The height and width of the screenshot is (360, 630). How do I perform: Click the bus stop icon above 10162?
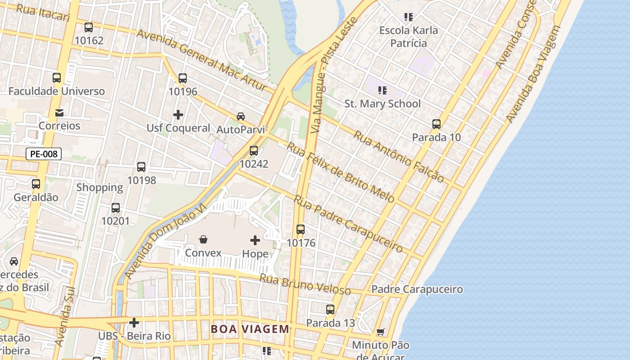tap(89, 27)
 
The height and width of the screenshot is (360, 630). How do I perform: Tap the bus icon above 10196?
tap(183, 78)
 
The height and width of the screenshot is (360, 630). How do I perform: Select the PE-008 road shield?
tap(44, 154)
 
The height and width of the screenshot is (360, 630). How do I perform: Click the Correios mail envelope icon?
tap(59, 113)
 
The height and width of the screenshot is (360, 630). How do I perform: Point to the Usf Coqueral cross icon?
tap(178, 115)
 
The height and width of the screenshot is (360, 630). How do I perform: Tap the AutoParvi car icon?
tap(241, 117)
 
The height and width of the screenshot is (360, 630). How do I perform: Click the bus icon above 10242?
tap(254, 151)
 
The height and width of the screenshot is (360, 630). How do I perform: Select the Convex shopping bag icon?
tap(203, 239)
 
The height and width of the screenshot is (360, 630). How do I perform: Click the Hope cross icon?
tap(255, 240)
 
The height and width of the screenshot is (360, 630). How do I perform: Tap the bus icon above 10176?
tap(301, 229)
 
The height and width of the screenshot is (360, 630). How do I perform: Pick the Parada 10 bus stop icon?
tap(436, 124)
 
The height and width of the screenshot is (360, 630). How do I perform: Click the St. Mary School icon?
tap(382, 90)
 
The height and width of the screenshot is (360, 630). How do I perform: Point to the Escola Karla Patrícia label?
tap(408, 37)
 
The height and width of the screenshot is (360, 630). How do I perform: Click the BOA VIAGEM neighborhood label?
tap(250, 329)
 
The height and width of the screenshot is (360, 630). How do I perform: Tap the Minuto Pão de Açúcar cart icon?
tap(381, 332)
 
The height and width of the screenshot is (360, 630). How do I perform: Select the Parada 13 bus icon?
tap(330, 310)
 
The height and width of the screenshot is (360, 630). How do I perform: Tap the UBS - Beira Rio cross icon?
tap(134, 323)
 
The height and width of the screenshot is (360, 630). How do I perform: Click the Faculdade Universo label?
tap(57, 91)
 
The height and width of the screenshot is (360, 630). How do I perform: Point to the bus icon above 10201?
tap(116, 208)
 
